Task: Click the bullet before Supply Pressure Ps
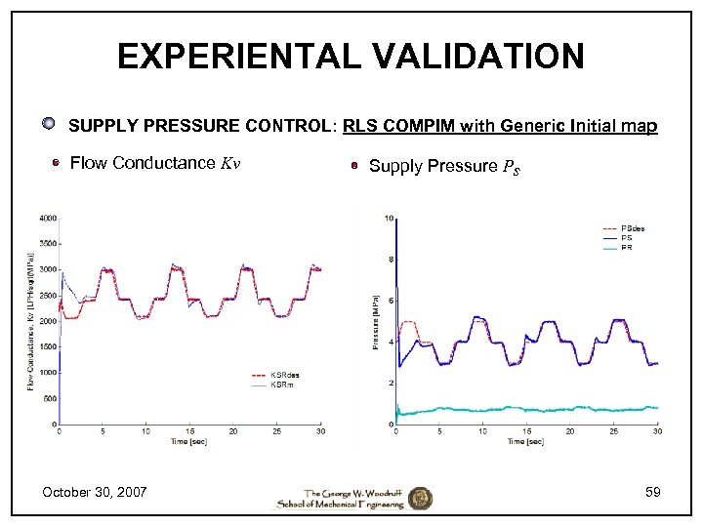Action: point(356,166)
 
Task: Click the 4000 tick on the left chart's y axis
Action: point(47,218)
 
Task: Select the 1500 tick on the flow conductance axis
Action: point(47,346)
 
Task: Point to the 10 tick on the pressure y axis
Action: point(389,218)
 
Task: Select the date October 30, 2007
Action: point(95,492)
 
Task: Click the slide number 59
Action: point(652,492)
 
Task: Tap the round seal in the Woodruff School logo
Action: point(420,498)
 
